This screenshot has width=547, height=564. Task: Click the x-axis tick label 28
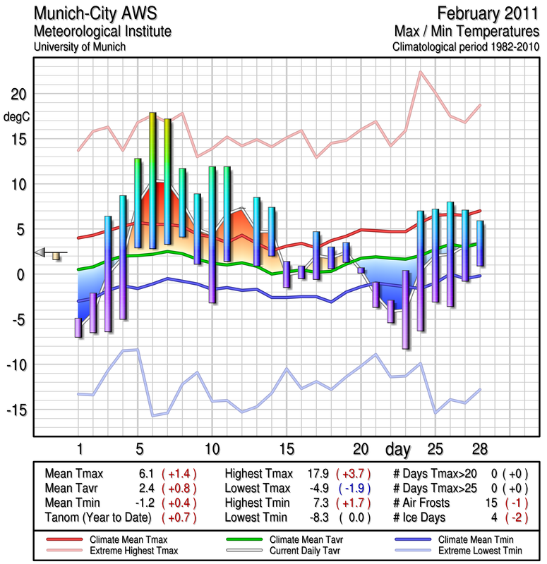tap(480, 449)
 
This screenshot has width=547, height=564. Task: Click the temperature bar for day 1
tap(78, 328)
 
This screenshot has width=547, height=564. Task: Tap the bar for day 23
tap(406, 309)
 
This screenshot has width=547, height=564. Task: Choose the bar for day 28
tap(480, 243)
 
